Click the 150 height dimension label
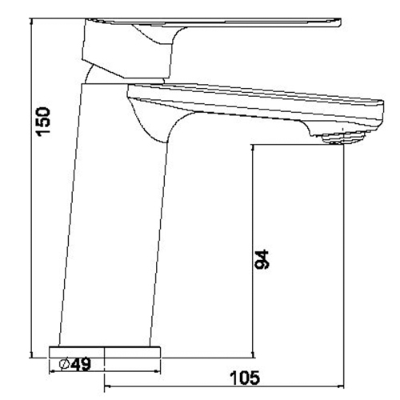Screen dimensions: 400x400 pyautogui.click(x=44, y=122)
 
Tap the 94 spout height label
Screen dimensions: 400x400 pyautogui.click(x=262, y=259)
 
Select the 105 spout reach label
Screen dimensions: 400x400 pyautogui.click(x=245, y=378)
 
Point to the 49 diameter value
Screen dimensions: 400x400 pyautogui.click(x=81, y=364)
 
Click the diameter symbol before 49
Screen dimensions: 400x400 pyautogui.click(x=65, y=364)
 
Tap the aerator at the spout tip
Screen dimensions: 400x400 pyautogui.click(x=342, y=138)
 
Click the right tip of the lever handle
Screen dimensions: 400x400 pyautogui.click(x=340, y=22)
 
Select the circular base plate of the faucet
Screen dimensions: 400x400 pyautogui.click(x=105, y=352)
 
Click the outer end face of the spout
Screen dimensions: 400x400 pyautogui.click(x=382, y=115)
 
